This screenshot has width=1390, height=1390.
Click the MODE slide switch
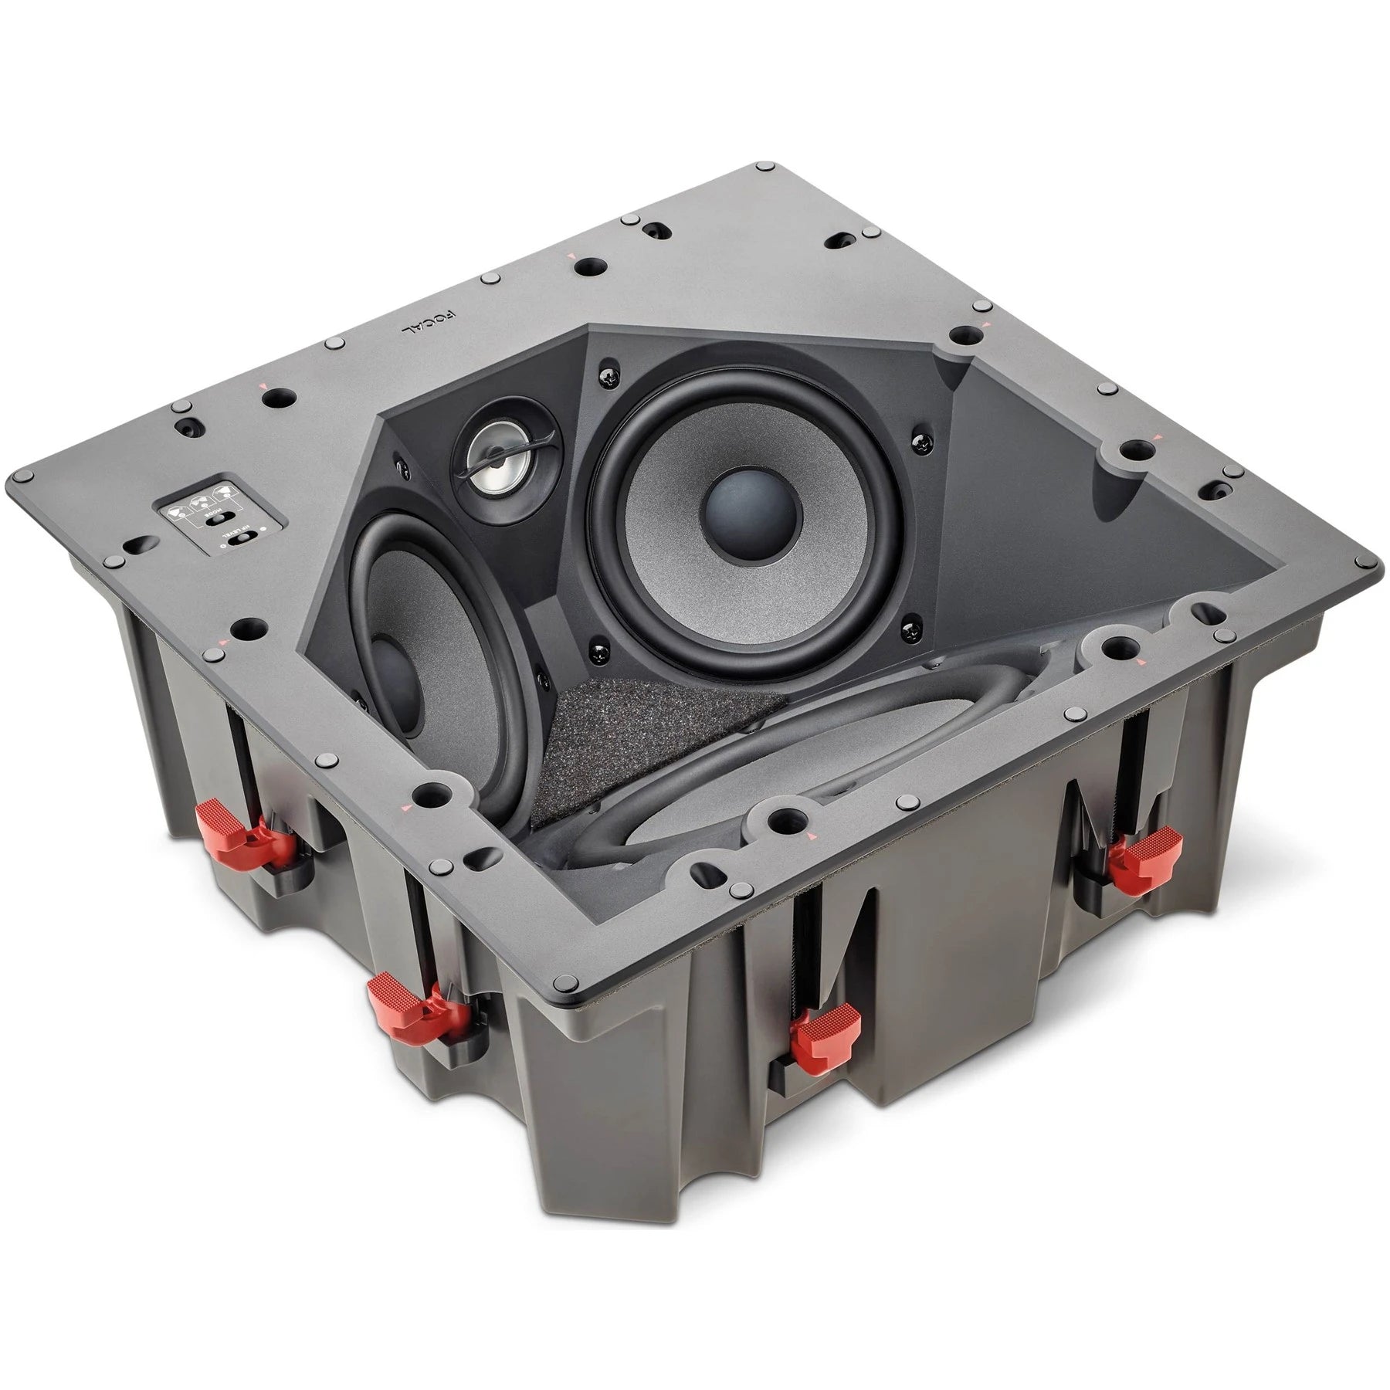[219, 518]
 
